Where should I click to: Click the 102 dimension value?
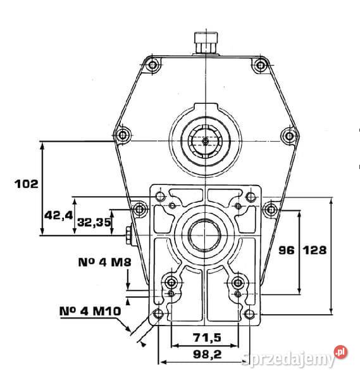pos(27,184)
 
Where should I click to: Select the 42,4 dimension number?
pos(58,215)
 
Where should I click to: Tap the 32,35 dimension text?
pos(94,222)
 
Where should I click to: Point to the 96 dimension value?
pos(287,250)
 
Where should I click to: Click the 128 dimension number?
pos(314,250)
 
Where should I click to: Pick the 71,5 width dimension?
pos(207,337)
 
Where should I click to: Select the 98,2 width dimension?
pos(208,355)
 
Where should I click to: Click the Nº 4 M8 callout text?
pos(104,262)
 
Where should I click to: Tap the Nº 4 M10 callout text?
pos(90,311)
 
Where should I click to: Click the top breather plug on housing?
pos(206,43)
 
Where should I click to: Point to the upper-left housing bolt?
pos(152,65)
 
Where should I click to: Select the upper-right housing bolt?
pos(260,65)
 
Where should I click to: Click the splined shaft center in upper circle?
pos(205,141)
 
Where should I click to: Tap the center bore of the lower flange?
pos(205,234)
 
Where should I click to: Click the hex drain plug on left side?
pos(128,236)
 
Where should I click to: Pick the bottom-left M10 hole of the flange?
pos(159,313)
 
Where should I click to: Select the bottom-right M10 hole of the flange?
pos(249,314)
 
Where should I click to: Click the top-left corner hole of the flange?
pos(160,196)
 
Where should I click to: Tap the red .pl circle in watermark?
pos(341,352)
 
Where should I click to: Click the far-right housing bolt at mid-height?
pos(290,136)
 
